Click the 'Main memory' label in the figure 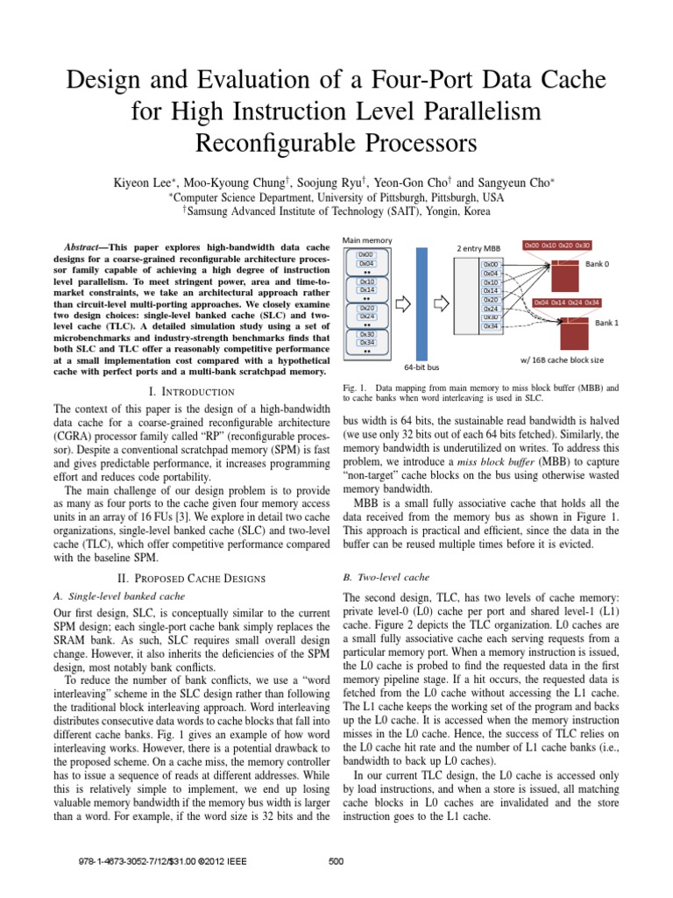tap(367, 240)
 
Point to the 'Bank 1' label tap(608, 323)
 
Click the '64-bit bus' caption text tap(422, 367)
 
